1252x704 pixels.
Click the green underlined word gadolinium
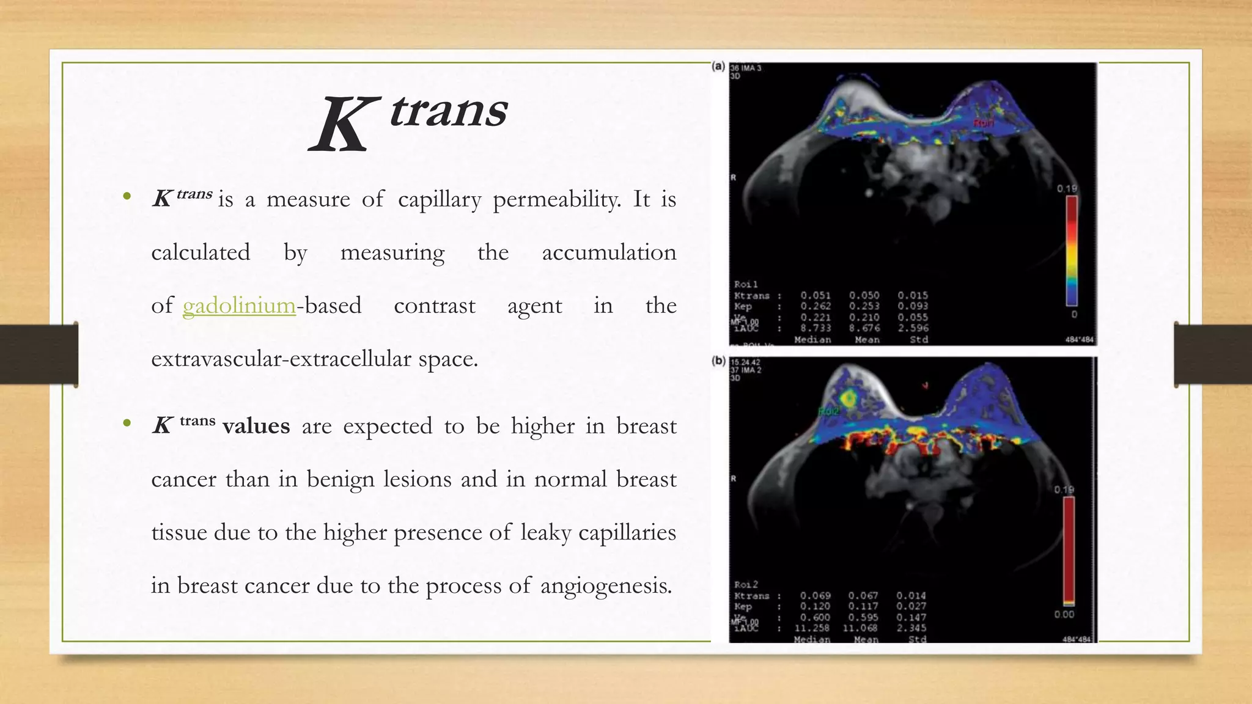tap(239, 306)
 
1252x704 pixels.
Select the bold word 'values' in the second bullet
tap(256, 426)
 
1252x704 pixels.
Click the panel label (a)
tap(718, 66)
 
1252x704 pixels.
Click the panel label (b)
tap(718, 361)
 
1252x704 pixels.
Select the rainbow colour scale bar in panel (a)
tap(1072, 251)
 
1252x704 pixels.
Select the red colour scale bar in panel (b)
tap(1069, 550)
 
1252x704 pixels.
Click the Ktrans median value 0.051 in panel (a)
tap(816, 296)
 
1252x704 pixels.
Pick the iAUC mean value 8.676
tap(864, 328)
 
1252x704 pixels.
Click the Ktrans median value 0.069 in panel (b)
tap(816, 595)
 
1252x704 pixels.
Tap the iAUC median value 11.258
tap(812, 628)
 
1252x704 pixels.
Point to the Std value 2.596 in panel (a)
tap(913, 328)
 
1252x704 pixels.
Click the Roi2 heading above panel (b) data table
tap(746, 585)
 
